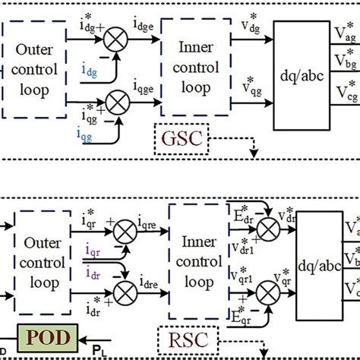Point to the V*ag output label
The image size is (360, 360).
(x=343, y=33)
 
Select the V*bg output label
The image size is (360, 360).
(x=343, y=60)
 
